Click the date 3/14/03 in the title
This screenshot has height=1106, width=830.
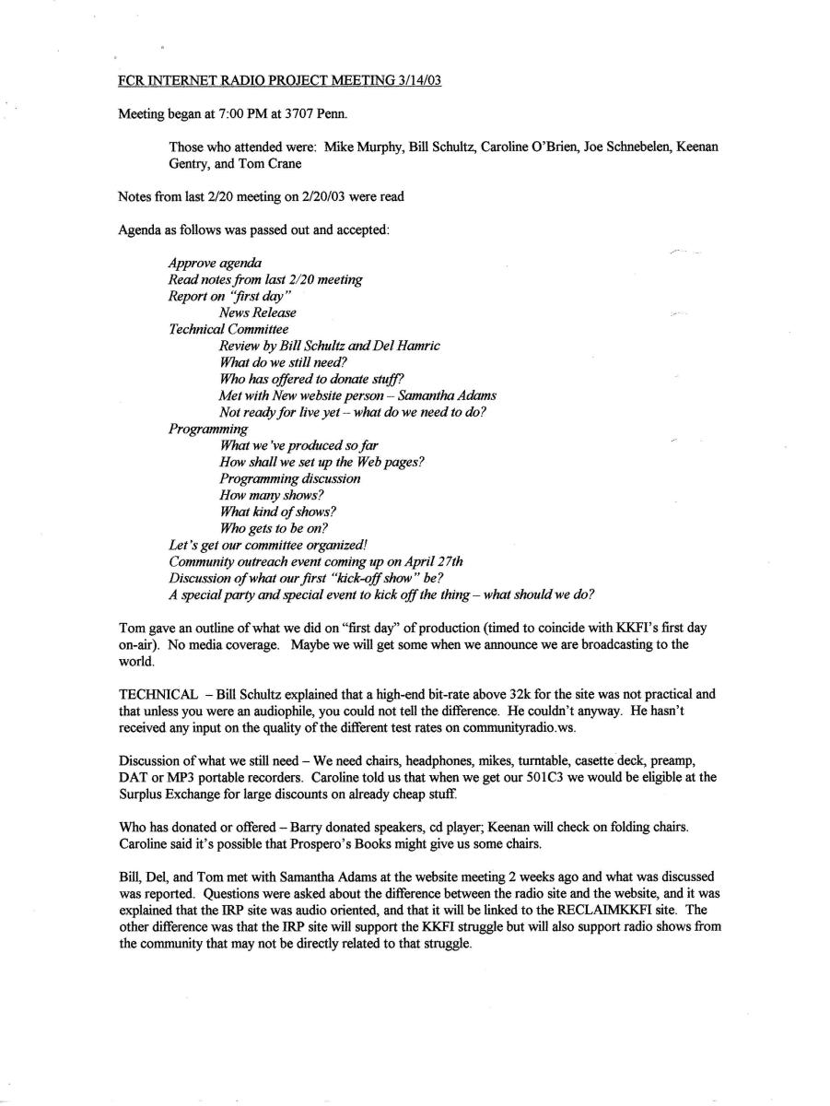[x=416, y=80]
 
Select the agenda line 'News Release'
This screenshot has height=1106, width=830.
[x=258, y=312]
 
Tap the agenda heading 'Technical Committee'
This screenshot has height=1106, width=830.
[x=228, y=329]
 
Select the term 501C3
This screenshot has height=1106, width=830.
[x=572, y=777]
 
